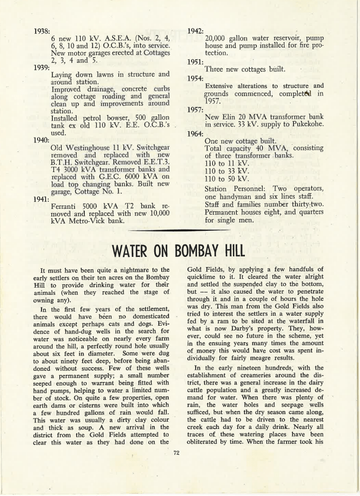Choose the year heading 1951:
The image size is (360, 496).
(196, 61)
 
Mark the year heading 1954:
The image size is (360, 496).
(196, 78)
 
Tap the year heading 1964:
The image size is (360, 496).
(196, 133)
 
